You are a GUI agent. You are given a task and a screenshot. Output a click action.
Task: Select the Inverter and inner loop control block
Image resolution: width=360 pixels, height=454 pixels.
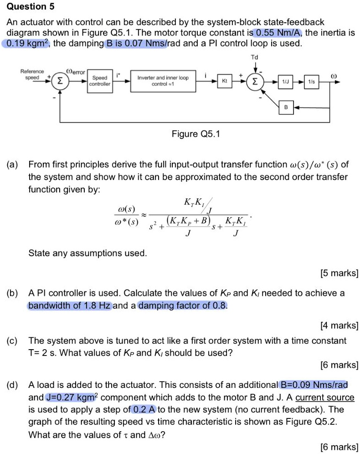163,81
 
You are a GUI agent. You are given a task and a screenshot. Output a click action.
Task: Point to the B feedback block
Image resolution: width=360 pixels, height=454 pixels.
286,108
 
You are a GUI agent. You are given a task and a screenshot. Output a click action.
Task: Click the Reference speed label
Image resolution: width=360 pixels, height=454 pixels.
32,74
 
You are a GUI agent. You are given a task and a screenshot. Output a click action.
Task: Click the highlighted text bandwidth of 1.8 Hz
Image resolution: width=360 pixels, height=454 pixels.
69,305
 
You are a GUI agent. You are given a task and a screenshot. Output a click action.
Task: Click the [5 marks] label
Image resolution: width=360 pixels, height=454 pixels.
339,273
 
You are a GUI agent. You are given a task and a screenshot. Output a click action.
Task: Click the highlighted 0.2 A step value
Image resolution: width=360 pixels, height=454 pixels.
143,409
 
